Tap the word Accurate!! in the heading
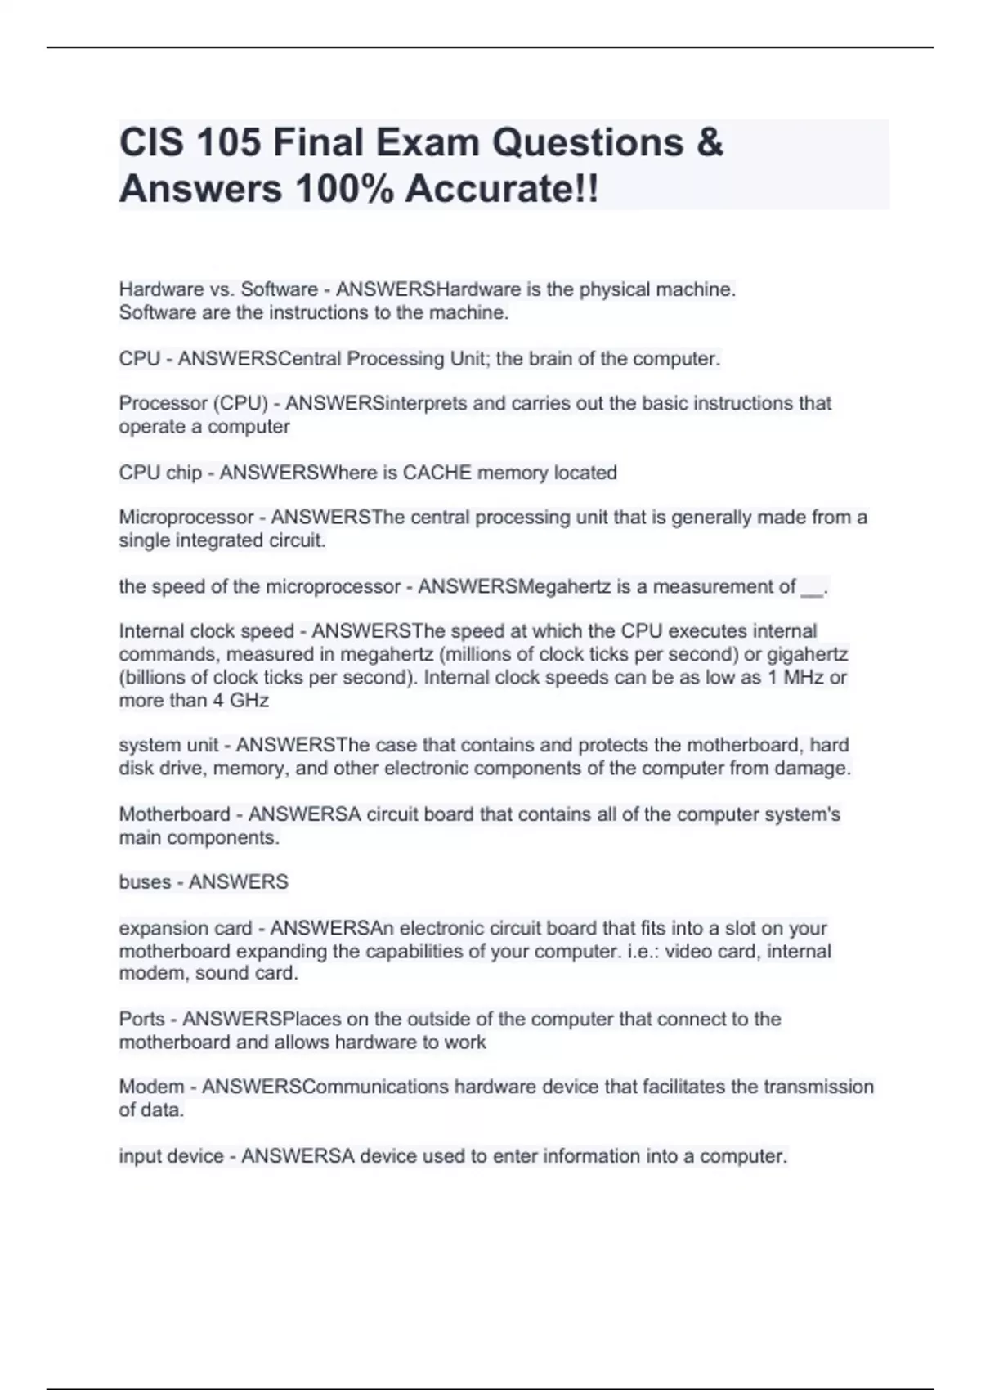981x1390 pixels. [x=501, y=190]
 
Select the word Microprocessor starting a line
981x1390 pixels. [x=186, y=518]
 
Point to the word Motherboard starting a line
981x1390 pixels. [x=174, y=814]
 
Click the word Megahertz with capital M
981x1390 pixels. [x=565, y=587]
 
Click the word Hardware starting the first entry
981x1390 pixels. [x=161, y=289]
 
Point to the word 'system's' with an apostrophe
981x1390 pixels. [x=802, y=814]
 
